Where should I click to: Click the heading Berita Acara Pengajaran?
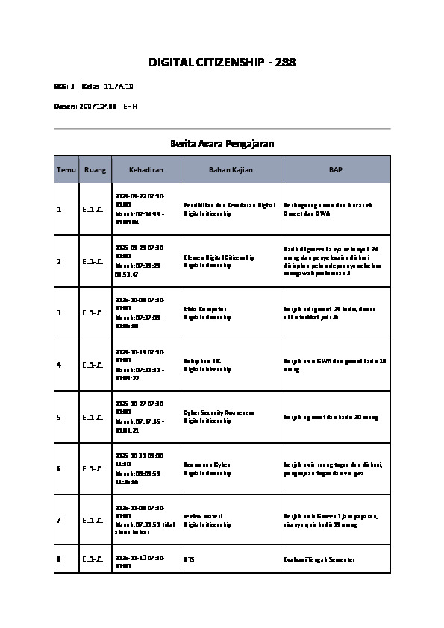click(222, 142)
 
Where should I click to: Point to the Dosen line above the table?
click(96, 107)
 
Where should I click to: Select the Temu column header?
click(66, 170)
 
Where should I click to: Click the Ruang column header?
click(95, 170)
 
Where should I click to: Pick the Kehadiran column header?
click(146, 170)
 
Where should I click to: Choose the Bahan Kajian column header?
click(231, 170)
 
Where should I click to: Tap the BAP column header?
click(335, 170)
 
